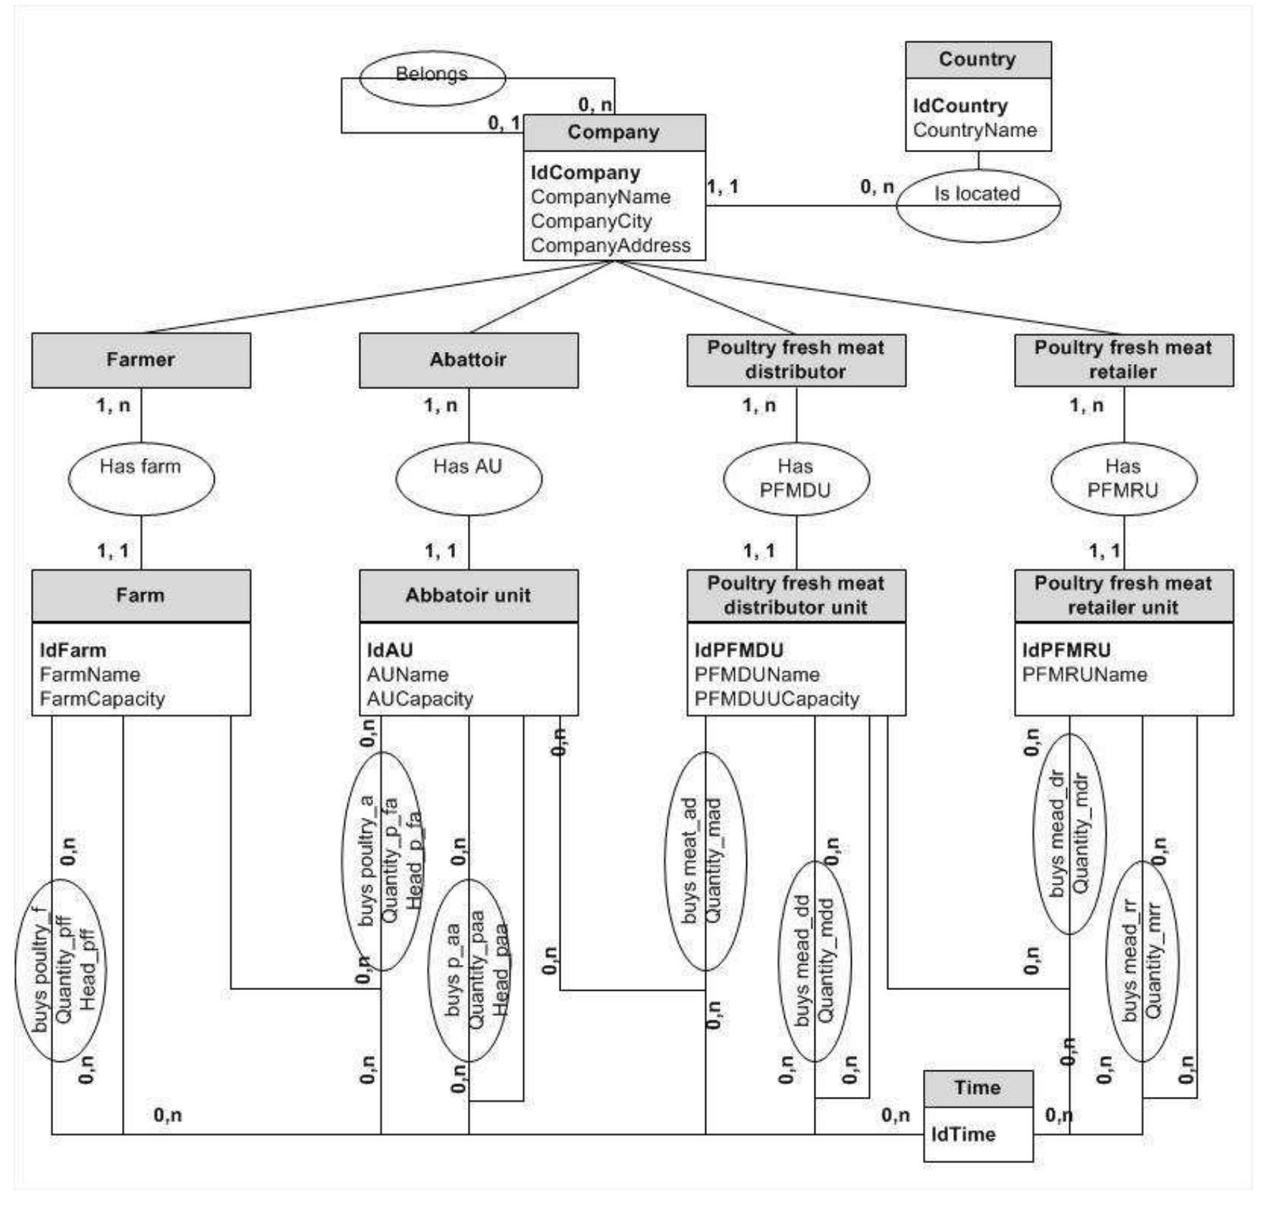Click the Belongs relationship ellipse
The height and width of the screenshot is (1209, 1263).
pyautogui.click(x=431, y=78)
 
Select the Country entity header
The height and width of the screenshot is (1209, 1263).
pyautogui.click(x=977, y=60)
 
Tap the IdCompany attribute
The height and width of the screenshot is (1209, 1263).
pyautogui.click(x=586, y=173)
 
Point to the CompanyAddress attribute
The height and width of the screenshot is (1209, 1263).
pyautogui.click(x=610, y=246)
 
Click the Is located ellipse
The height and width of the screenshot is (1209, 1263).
pyautogui.click(x=977, y=205)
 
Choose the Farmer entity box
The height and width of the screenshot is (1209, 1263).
pyautogui.click(x=141, y=360)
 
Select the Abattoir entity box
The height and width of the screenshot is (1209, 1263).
pyautogui.click(x=468, y=360)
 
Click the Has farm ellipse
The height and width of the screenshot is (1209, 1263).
pyautogui.click(x=141, y=478)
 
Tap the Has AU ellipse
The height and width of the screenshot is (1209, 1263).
pyautogui.click(x=468, y=478)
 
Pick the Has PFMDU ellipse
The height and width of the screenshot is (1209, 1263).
pyautogui.click(x=795, y=478)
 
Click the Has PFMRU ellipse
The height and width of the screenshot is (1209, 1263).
pyautogui.click(x=1123, y=478)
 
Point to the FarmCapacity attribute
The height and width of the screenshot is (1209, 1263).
pyautogui.click(x=102, y=699)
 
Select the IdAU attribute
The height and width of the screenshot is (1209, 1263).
pyautogui.click(x=390, y=650)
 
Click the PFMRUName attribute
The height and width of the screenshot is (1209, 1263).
pyautogui.click(x=1084, y=674)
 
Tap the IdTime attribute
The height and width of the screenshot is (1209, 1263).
pyautogui.click(x=963, y=1134)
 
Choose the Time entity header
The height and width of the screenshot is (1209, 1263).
pyautogui.click(x=977, y=1088)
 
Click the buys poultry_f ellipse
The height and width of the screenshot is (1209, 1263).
pyautogui.click(x=60, y=969)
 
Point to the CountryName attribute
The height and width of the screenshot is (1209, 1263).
pyautogui.click(x=975, y=130)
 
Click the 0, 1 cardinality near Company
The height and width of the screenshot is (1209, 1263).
pyautogui.click(x=504, y=123)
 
